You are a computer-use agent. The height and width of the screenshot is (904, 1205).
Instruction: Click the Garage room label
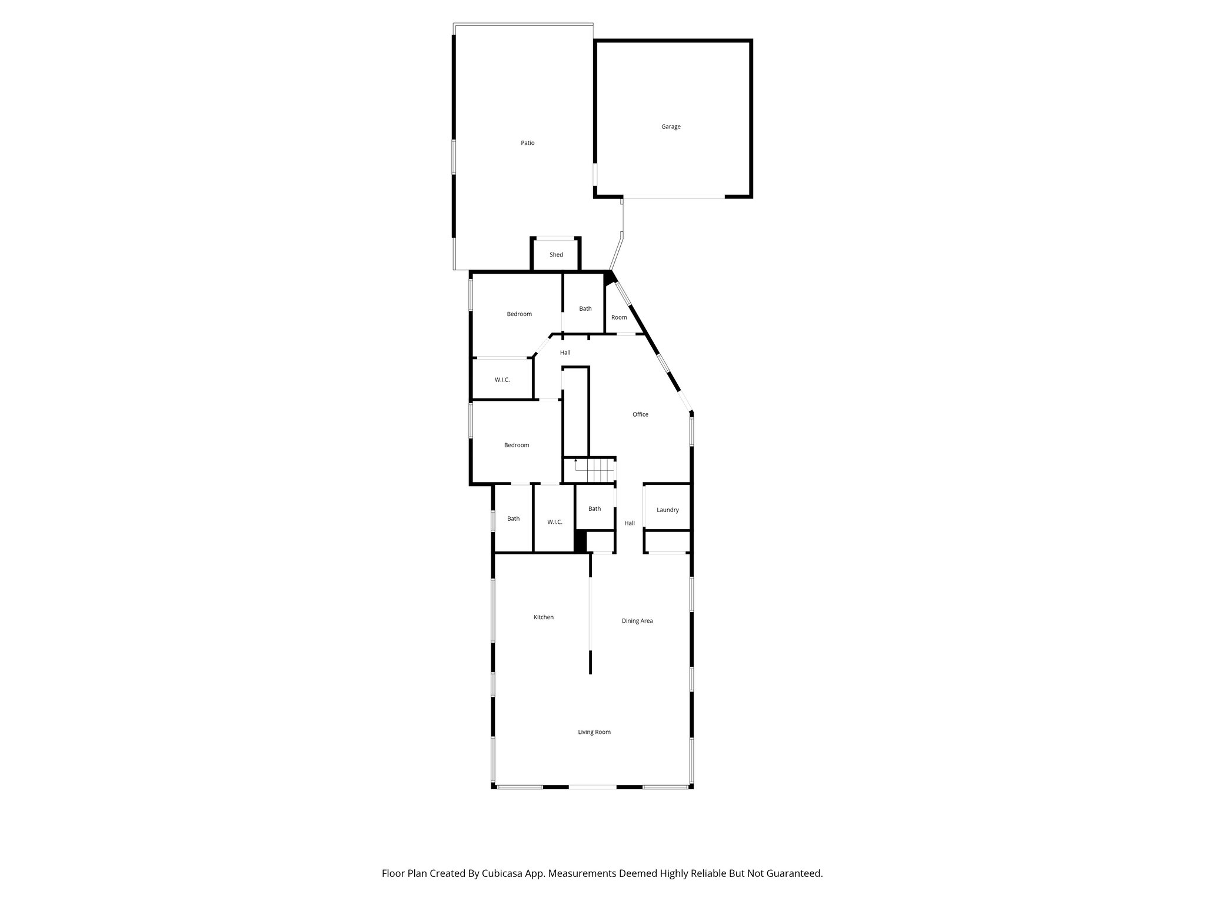tap(671, 127)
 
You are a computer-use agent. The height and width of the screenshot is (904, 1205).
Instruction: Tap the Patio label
tap(528, 143)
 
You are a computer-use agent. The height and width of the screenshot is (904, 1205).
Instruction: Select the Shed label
tap(556, 255)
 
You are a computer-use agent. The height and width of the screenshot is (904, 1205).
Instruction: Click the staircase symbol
tap(594, 470)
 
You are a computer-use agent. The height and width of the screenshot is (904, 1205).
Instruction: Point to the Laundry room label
tap(668, 510)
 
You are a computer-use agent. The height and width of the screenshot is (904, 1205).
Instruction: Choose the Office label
tap(640, 414)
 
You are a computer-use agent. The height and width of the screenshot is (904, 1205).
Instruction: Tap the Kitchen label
tap(544, 617)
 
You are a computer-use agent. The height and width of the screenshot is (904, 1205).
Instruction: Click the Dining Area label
tap(637, 620)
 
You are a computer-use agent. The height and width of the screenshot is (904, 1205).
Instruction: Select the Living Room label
tap(594, 732)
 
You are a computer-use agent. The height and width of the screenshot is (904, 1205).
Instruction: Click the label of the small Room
tap(619, 317)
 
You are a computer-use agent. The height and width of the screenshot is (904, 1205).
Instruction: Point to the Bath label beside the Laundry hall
tap(595, 508)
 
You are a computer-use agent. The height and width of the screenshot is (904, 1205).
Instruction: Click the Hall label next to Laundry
tap(630, 523)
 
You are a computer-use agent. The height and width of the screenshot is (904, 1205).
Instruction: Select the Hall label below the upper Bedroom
tap(565, 353)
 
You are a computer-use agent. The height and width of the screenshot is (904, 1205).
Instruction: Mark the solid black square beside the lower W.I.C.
tap(580, 541)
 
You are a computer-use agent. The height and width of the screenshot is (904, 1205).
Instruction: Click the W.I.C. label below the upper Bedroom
tap(502, 380)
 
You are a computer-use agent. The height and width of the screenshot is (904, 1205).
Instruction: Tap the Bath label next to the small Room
tap(585, 308)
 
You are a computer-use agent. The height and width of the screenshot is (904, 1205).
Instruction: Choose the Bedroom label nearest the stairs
tap(517, 445)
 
